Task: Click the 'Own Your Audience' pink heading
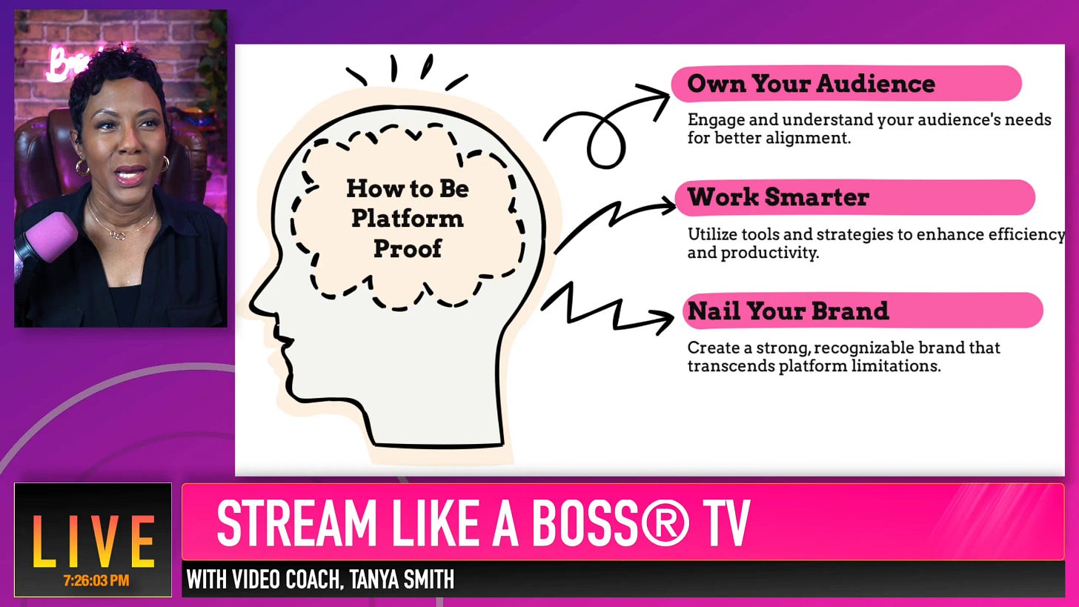(x=811, y=84)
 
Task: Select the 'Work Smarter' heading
(x=778, y=197)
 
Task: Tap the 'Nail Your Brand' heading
(x=788, y=311)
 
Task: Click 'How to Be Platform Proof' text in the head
(x=407, y=219)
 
